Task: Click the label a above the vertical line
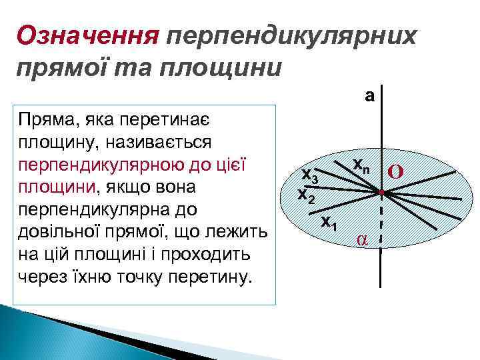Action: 369,96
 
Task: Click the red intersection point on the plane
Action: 381,193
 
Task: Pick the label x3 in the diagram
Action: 311,175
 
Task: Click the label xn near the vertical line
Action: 361,163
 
